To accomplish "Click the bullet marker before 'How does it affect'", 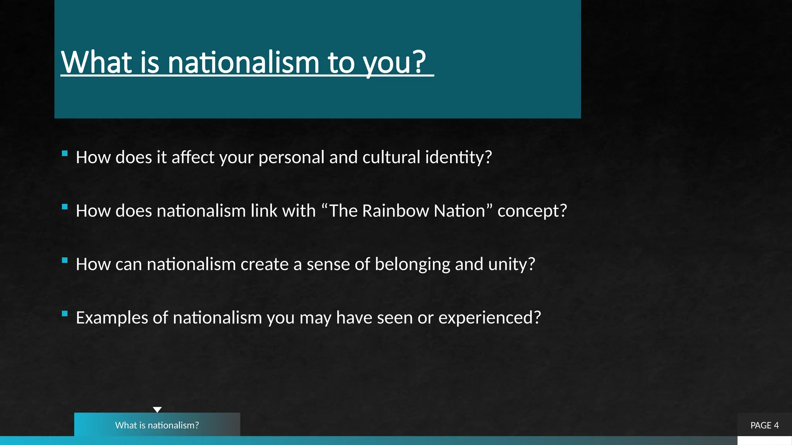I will point(65,153).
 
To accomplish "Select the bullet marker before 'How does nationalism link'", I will point(65,207).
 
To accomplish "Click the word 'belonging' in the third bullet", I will point(412,265).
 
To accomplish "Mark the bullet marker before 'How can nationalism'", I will point(65,260).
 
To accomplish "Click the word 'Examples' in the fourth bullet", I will point(112,318).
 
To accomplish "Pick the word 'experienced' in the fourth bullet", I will point(486,318).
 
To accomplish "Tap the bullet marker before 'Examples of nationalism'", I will point(65,314).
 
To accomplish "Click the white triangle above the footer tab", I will point(157,409).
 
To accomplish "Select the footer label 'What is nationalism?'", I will point(157,425).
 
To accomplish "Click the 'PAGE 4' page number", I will point(765,425).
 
